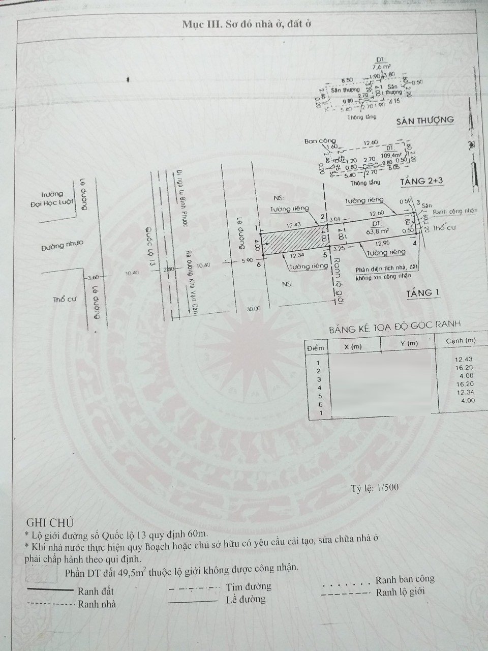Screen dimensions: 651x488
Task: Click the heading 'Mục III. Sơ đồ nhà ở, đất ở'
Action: click(x=243, y=24)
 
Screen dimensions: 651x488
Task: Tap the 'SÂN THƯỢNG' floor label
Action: click(x=426, y=120)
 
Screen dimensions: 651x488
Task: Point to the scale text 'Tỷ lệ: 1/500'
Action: click(x=375, y=487)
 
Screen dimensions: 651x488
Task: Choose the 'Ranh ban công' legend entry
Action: click(x=405, y=579)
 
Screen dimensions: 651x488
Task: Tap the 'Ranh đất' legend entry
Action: click(x=96, y=591)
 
